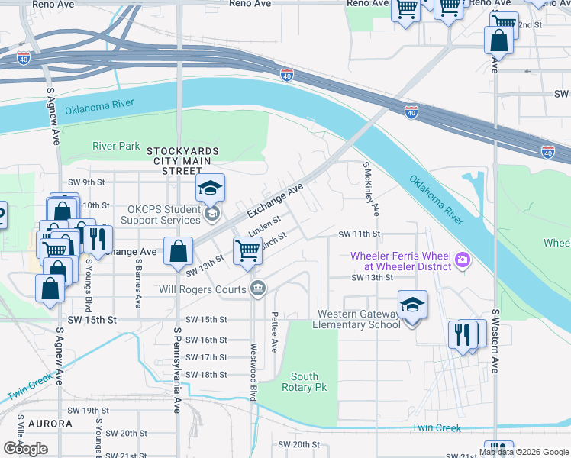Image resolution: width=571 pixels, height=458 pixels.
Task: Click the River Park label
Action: point(116,146)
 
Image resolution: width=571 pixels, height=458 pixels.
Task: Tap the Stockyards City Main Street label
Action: point(182,161)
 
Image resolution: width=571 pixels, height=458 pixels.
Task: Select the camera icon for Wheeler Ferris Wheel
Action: point(463,262)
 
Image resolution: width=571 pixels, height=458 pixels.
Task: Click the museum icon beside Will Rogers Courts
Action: point(258,289)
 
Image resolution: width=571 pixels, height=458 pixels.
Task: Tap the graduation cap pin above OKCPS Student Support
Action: point(210,188)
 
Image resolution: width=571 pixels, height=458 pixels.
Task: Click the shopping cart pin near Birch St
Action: point(247,251)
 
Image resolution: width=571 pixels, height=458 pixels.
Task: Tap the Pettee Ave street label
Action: point(273,325)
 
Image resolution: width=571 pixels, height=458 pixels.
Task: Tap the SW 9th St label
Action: point(85,182)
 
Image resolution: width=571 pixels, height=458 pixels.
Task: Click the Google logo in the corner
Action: point(25,449)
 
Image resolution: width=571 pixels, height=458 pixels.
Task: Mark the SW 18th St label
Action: point(207,375)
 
